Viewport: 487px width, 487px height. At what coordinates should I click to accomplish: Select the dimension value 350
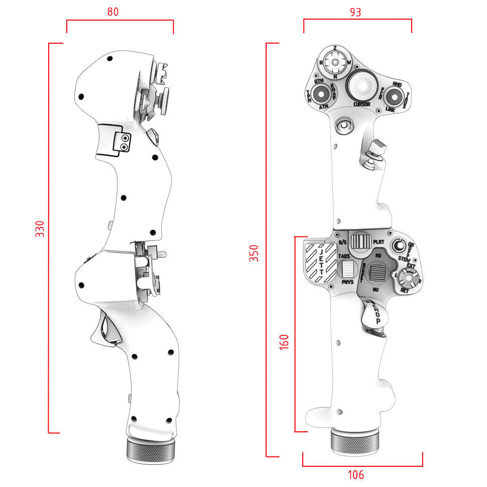pyautogui.click(x=255, y=253)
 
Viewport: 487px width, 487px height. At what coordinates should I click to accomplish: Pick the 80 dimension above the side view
pyautogui.click(x=113, y=12)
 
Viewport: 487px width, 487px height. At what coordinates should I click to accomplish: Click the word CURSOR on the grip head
pyautogui.click(x=361, y=104)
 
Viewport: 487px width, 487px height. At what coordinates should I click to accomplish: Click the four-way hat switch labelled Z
pyautogui.click(x=335, y=62)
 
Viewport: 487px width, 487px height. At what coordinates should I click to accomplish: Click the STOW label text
pyautogui.click(x=404, y=259)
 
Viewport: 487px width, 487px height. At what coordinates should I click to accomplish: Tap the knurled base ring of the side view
pyautogui.click(x=151, y=450)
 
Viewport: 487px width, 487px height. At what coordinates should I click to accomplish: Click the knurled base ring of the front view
pyautogui.click(x=355, y=442)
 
